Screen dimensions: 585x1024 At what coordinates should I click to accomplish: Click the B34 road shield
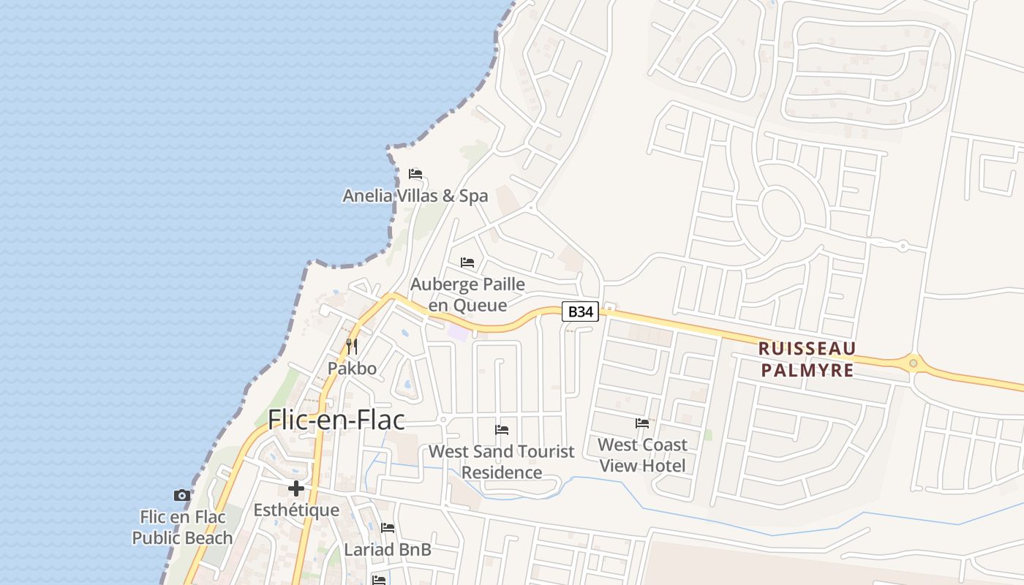580,312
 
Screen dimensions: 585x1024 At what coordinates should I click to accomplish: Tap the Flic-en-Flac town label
336,420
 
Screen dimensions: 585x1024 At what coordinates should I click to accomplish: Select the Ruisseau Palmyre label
807,359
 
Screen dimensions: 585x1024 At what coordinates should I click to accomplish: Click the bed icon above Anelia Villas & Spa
415,174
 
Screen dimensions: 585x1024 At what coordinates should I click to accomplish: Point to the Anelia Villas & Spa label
415,196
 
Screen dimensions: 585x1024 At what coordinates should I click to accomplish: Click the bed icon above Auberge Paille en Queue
467,262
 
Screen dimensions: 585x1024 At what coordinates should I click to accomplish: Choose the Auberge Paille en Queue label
467,294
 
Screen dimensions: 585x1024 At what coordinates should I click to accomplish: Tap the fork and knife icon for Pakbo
352,346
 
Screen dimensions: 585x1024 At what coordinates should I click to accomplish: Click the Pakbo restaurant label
352,369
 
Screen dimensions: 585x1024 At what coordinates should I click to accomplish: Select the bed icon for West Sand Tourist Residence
501,429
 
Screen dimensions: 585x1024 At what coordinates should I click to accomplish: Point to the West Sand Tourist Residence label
501,461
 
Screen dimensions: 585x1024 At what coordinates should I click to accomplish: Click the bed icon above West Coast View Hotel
642,423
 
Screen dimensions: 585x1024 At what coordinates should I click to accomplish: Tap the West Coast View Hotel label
642,455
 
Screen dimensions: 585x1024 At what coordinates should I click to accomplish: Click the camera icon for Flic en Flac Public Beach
182,495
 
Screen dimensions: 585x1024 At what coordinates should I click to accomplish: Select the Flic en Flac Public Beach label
182,527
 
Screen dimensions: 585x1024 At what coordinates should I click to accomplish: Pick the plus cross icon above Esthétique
296,488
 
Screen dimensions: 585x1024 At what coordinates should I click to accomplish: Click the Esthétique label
296,510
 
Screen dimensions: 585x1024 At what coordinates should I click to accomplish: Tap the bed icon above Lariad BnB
388,527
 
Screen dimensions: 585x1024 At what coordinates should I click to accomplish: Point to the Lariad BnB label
388,549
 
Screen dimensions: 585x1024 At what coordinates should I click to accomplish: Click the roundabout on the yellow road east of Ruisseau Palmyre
913,363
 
